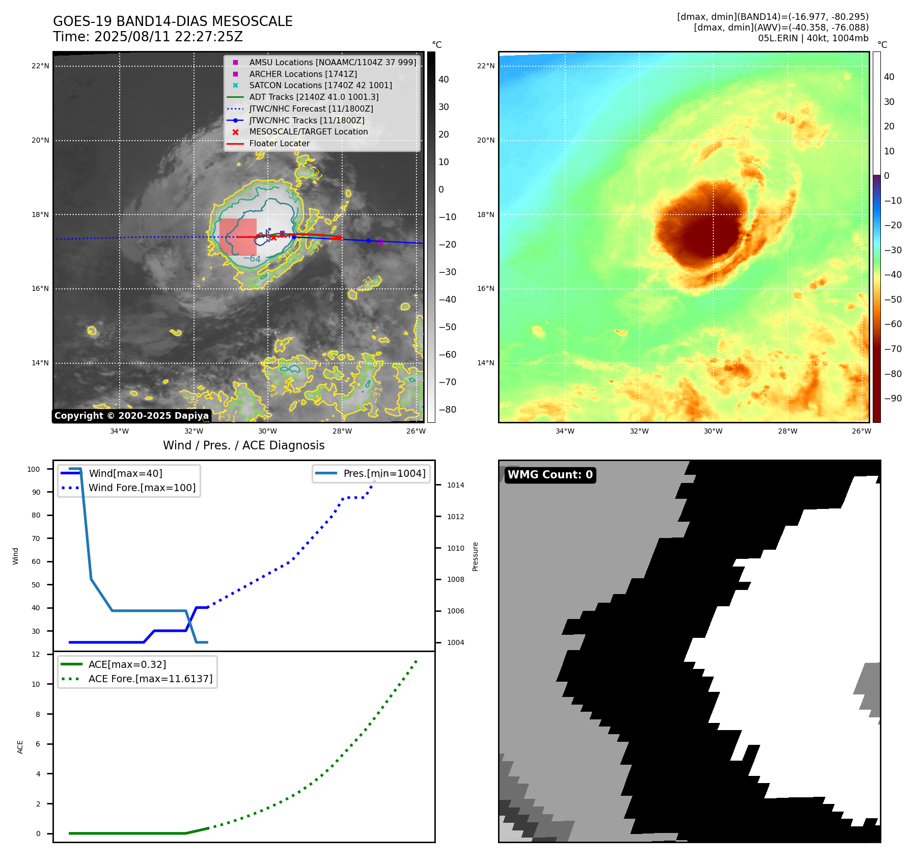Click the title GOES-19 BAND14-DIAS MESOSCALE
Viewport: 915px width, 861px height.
pos(173,21)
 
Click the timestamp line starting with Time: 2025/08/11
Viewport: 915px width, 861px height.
pos(148,37)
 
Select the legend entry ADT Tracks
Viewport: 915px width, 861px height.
pos(314,97)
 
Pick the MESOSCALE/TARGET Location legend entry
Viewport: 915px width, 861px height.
pos(308,131)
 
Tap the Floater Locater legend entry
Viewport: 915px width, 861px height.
pos(279,143)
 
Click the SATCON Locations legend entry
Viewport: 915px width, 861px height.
pos(320,85)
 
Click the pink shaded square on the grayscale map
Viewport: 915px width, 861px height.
pos(238,237)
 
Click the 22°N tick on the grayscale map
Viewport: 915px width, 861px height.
pos(41,66)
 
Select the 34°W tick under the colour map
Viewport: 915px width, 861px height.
pos(565,431)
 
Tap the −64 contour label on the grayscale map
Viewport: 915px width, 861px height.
pos(252,259)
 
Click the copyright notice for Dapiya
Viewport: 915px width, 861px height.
pos(131,416)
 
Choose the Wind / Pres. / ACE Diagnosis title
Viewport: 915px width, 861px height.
pos(243,445)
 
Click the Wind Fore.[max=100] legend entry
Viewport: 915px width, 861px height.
pos(142,488)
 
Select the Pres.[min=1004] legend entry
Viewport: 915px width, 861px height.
pos(384,473)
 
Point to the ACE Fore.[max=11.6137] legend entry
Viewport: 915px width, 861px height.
pos(150,679)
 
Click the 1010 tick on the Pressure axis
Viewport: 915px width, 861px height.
pos(455,548)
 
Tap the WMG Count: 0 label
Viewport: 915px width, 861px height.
pos(550,475)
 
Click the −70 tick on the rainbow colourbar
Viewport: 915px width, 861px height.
pos(893,349)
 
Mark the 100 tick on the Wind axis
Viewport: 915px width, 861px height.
pos(34,469)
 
